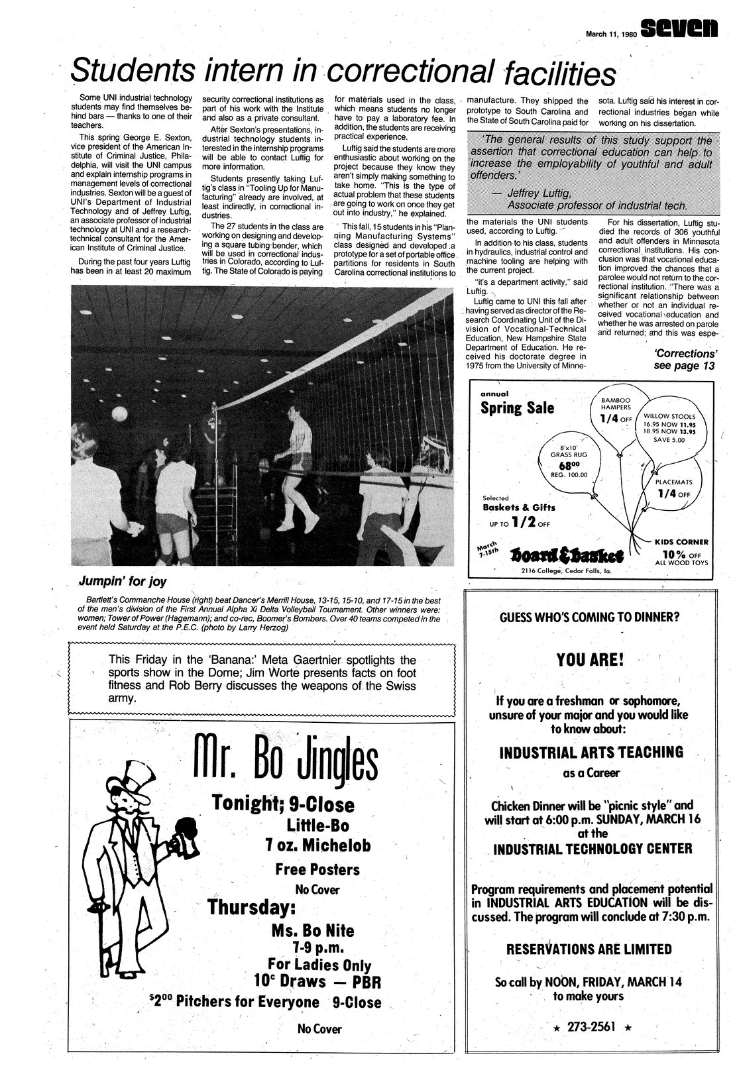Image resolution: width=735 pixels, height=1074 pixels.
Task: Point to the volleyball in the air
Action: point(119,413)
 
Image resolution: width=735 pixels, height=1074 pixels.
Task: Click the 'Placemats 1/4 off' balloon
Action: point(673,488)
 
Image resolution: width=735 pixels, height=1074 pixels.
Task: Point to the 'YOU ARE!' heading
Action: point(590,660)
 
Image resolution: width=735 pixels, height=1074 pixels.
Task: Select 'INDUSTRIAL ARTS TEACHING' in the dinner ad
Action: point(590,752)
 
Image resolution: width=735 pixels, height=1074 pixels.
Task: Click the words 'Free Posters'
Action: point(317,869)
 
